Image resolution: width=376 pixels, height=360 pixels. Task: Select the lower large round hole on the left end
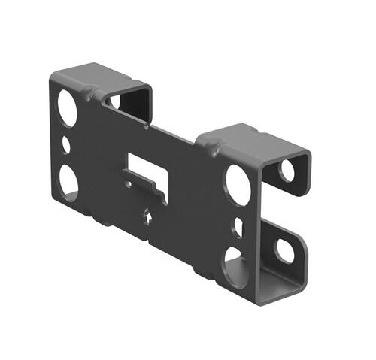point(68,182)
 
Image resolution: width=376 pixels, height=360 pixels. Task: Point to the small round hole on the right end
point(238,226)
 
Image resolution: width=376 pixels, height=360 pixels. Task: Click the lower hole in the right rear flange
point(284,251)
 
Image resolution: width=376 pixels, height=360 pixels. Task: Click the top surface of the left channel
point(98,76)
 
